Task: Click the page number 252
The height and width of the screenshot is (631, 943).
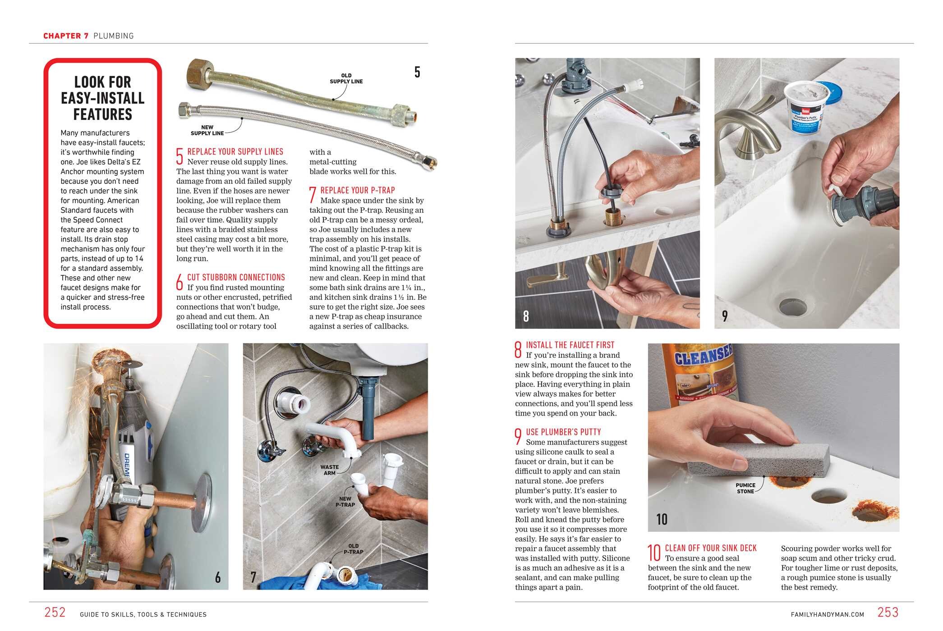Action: [x=55, y=612]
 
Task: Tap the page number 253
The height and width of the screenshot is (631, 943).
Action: [x=888, y=612]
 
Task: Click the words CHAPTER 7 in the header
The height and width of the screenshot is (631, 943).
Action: [x=66, y=36]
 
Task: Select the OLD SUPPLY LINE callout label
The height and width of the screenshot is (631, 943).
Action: [x=346, y=78]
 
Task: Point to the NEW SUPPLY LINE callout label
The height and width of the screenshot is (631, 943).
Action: [x=207, y=130]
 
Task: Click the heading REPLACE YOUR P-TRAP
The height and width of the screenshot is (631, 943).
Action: [x=357, y=190]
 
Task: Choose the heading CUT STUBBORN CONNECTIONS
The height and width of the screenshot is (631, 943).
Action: [x=236, y=278]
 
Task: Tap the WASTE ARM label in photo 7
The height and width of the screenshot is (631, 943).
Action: [x=329, y=470]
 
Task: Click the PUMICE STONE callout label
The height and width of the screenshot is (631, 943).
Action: [x=745, y=488]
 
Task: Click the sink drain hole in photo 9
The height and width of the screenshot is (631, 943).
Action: [x=792, y=306]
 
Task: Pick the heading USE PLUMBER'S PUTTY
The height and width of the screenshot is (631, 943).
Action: [x=563, y=432]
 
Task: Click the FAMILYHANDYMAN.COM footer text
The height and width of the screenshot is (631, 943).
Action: [x=827, y=614]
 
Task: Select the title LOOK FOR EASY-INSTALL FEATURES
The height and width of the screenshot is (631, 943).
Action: [x=103, y=98]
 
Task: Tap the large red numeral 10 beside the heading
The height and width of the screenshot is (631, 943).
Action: [x=654, y=553]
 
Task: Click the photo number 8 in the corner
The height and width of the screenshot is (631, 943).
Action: [x=526, y=316]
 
